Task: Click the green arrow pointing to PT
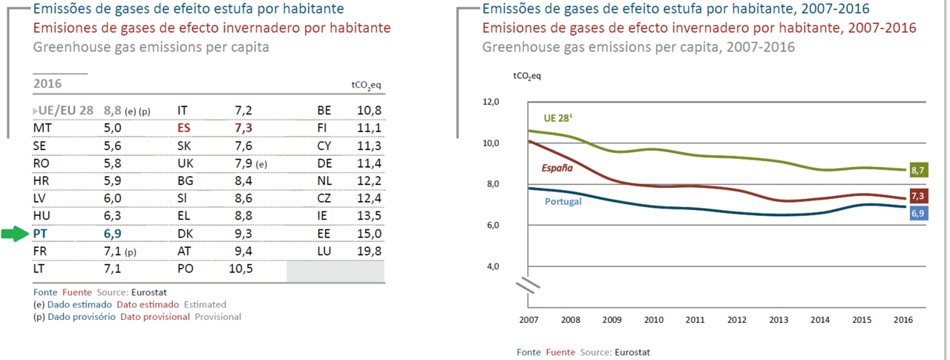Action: tap(14, 235)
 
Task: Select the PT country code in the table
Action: tap(42, 234)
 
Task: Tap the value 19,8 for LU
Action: tap(368, 252)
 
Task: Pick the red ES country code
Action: tap(184, 128)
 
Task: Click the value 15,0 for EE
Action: tap(368, 234)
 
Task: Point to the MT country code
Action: tap(42, 128)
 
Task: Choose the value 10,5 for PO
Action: tap(240, 269)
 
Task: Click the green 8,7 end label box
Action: tap(917, 170)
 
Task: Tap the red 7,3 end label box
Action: tap(917, 196)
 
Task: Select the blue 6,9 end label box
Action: tap(917, 213)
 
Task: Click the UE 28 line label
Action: tap(560, 118)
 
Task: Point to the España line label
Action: tap(557, 168)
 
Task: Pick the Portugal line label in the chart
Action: tap(563, 201)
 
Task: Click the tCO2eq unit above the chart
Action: tap(527, 76)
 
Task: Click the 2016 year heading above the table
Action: tap(47, 84)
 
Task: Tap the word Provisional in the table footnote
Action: tap(218, 316)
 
